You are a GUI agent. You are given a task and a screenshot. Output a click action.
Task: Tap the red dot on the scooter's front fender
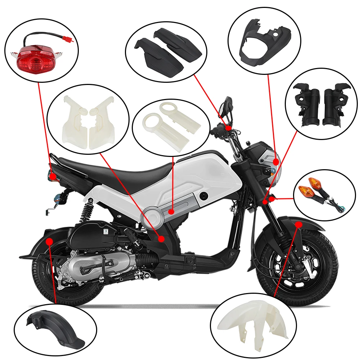(x=298, y=224)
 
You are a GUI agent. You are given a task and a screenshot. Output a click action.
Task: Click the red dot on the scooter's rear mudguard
(x=50, y=240)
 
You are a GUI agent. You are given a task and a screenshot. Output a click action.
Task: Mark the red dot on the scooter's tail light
(x=53, y=177)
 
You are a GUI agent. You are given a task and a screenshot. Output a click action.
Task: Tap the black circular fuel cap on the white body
(x=205, y=196)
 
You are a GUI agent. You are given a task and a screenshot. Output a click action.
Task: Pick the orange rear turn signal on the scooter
(x=58, y=197)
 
